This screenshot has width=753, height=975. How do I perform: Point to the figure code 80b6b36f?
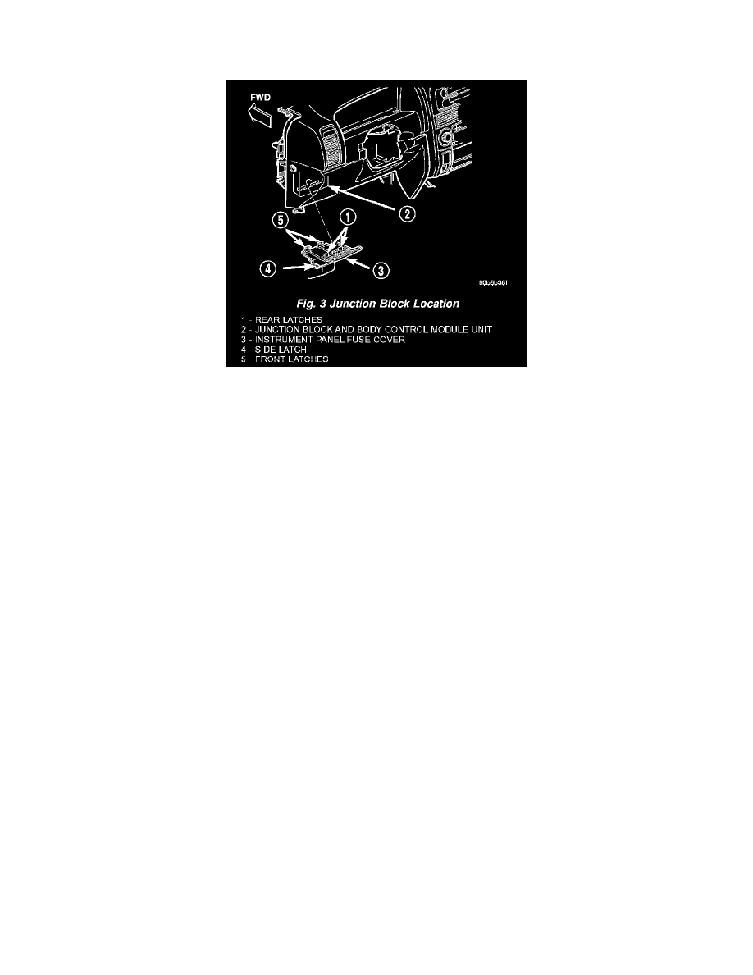[x=495, y=283]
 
